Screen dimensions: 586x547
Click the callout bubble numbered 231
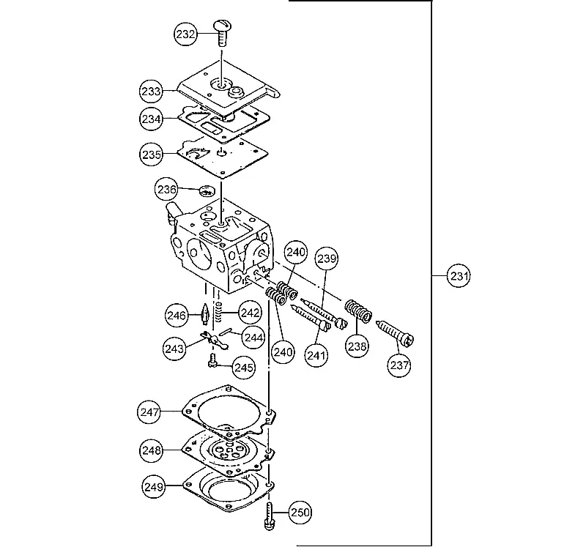459,276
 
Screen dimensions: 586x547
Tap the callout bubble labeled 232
185,34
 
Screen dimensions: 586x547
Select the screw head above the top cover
223,26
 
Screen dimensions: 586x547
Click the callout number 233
152,91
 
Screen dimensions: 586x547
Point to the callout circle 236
166,190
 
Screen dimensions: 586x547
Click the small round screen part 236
207,190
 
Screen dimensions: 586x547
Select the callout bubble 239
327,258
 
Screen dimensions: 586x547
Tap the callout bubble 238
357,346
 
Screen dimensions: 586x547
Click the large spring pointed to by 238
358,310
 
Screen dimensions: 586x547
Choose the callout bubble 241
316,355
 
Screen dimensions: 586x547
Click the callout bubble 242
250,313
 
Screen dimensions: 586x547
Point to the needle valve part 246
205,314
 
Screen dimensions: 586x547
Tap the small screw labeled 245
212,361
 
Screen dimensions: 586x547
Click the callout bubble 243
174,349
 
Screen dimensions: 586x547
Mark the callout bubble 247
149,412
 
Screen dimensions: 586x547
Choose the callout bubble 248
152,450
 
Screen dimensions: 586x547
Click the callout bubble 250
300,513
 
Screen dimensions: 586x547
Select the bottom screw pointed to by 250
270,516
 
